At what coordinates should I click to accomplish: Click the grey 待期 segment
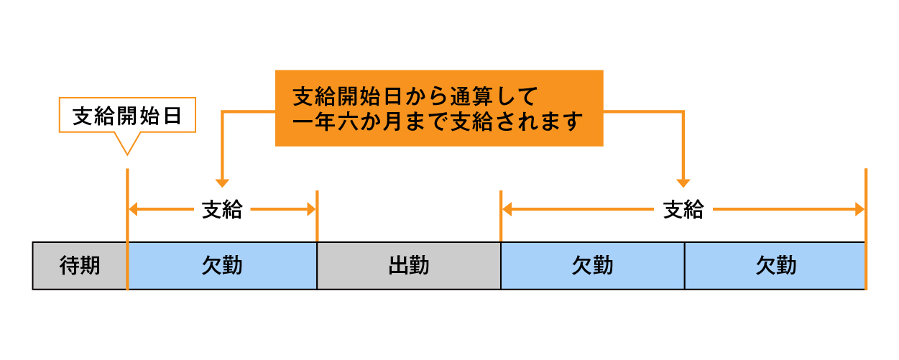[80, 266]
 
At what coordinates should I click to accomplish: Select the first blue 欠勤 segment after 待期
[222, 266]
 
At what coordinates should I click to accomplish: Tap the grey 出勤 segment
[408, 266]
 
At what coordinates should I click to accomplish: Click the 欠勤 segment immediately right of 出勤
[592, 266]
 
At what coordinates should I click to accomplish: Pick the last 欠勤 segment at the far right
[775, 266]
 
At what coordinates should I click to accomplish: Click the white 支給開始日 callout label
[126, 116]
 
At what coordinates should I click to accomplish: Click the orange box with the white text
[438, 108]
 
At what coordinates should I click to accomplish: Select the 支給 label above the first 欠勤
[222, 210]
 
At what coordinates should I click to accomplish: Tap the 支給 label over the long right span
[683, 210]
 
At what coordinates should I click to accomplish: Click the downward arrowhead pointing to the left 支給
[222, 183]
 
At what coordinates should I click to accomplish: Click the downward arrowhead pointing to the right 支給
[683, 183]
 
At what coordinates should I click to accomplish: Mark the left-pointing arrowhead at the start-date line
[133, 210]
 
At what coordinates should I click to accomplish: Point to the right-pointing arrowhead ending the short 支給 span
[311, 210]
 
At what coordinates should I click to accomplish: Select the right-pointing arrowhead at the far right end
[859, 210]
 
